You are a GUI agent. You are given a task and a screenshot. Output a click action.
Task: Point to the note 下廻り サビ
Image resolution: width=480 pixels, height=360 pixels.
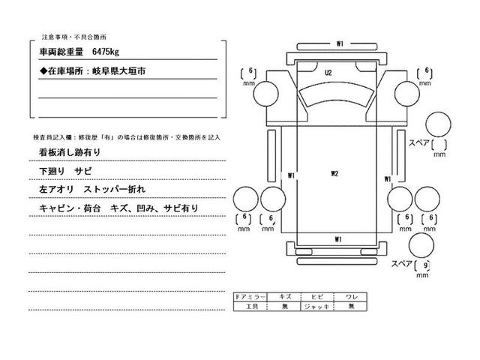click(x=65, y=172)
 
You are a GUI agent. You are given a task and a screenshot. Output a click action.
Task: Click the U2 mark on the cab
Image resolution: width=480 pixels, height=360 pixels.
click(x=328, y=73)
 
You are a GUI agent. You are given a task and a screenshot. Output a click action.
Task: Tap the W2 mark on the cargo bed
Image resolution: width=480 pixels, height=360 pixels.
click(x=335, y=175)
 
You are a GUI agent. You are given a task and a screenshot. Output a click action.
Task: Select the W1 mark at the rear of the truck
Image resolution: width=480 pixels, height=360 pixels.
click(x=338, y=239)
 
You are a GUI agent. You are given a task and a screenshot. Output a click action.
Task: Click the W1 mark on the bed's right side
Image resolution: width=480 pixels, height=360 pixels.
click(x=388, y=179)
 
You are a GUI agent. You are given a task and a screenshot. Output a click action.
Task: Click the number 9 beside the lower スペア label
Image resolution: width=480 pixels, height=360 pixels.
click(x=426, y=265)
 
